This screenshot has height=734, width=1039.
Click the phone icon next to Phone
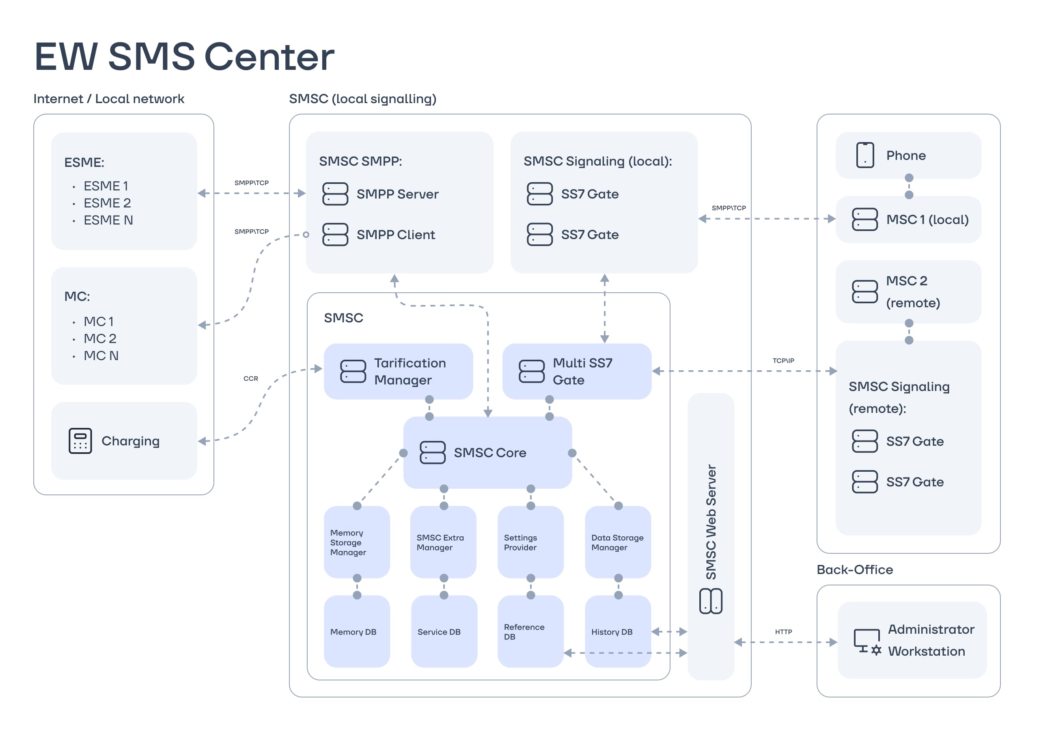tap(865, 155)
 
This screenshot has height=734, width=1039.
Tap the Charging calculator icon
tap(80, 441)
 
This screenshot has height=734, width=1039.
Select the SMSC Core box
tap(487, 453)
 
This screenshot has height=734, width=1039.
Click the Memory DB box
tap(357, 631)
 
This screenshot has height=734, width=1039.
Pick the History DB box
tap(618, 631)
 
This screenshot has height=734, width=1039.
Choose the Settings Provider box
tap(530, 542)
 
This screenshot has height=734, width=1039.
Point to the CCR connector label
tap(251, 378)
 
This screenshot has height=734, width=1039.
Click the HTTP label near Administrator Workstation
tap(783, 632)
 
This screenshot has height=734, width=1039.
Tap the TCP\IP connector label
tap(783, 361)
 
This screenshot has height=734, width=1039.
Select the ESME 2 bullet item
tap(107, 203)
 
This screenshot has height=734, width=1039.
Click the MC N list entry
tap(101, 356)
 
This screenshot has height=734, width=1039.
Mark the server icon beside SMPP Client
tap(335, 234)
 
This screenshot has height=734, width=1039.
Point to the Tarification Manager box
tap(398, 371)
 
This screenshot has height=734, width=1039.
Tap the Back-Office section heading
tap(854, 570)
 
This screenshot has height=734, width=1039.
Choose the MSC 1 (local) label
tap(927, 220)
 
